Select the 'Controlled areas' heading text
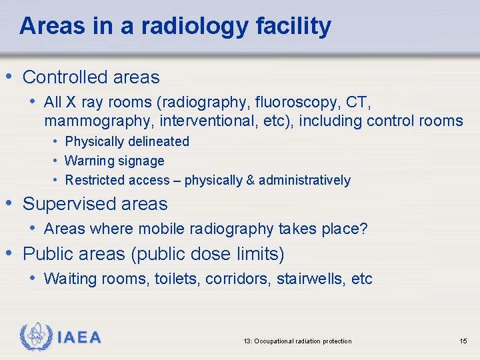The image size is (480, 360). click(x=91, y=77)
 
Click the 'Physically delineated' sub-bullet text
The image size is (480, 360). click(x=127, y=141)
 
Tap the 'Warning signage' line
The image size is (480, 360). click(x=114, y=161)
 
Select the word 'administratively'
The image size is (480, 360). click(x=304, y=180)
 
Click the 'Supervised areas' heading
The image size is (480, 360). click(x=95, y=203)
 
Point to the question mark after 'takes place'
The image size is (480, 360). click(x=363, y=229)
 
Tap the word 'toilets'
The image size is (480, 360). click(x=176, y=279)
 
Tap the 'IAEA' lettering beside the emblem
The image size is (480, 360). click(x=79, y=338)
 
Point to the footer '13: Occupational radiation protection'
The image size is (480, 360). click(x=297, y=341)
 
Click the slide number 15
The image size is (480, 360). click(x=463, y=341)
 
